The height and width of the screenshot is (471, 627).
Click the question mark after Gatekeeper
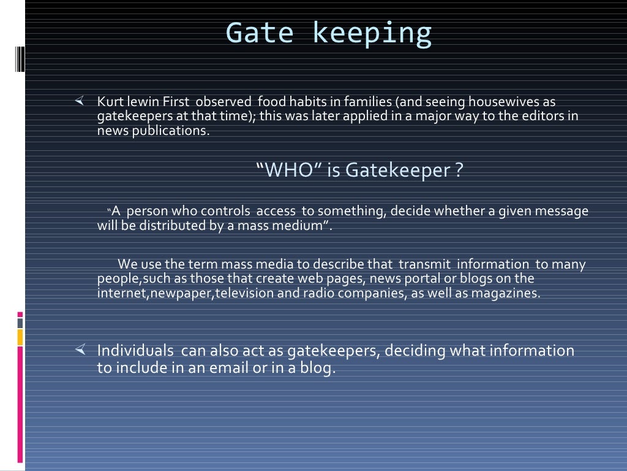point(459,170)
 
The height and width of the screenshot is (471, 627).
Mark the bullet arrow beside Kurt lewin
point(79,100)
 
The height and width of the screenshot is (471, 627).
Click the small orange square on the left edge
point(20,337)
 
